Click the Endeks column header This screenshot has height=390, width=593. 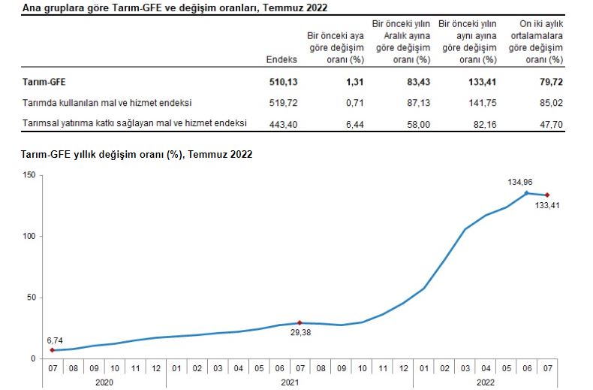[281, 59]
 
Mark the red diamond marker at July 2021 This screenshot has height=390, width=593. [300, 322]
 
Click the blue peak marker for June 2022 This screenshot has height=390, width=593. [526, 193]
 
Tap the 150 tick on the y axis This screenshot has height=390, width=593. [29, 175]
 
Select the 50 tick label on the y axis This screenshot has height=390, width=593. [32, 298]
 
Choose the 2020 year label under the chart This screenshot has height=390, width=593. [104, 382]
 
